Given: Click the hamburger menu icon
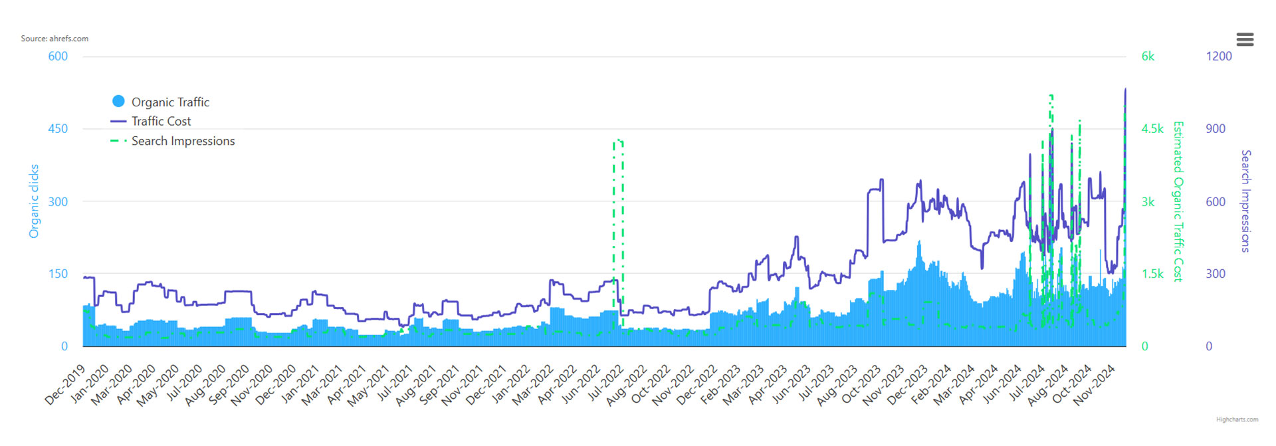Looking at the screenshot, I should tap(1245, 40).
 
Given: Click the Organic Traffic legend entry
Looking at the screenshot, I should tap(170, 102).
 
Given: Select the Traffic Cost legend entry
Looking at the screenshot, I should tap(161, 121).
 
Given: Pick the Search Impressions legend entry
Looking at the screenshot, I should tap(183, 141).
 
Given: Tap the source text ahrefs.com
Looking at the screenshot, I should tap(54, 39).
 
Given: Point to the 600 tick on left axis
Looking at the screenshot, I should tap(58, 56).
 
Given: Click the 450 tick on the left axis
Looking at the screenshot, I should tap(58, 129).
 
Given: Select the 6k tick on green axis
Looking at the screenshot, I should tap(1148, 56).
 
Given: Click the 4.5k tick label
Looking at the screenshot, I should tap(1152, 129).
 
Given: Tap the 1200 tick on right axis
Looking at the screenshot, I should tap(1219, 56).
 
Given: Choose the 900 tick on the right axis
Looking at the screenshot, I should tap(1216, 129).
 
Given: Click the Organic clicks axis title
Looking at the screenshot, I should tap(34, 201).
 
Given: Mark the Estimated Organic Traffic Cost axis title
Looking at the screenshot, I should tap(1178, 201).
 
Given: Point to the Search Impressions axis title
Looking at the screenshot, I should tap(1246, 201).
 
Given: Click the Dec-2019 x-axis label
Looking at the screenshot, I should tap(65, 385).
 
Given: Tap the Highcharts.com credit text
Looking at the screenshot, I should tap(1237, 419).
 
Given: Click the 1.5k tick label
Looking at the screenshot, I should tap(1152, 274).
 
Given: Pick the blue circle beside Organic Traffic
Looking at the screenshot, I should tap(118, 101).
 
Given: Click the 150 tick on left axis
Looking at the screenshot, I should tap(58, 274).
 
